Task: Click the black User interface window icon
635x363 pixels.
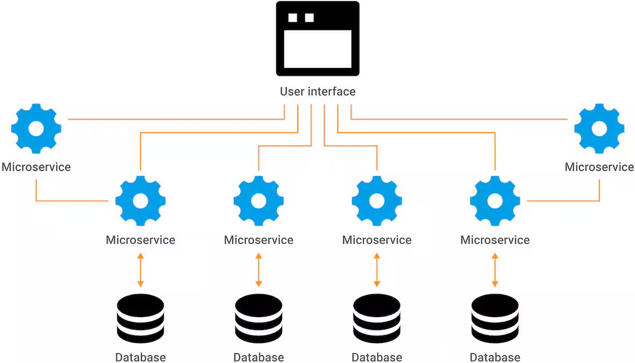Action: [x=317, y=38]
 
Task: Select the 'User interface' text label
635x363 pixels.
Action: [x=317, y=92]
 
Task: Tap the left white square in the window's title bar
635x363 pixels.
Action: [x=292, y=18]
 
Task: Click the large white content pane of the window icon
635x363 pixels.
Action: [x=317, y=49]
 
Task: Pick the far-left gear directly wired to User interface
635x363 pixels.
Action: [x=36, y=129]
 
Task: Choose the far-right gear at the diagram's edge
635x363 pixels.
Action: [x=599, y=129]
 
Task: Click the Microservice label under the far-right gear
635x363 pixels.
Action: [x=599, y=167]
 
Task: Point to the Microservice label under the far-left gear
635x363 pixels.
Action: [x=36, y=167]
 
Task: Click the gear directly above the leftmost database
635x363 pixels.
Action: [x=141, y=201]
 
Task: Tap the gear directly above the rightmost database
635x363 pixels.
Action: [x=495, y=201]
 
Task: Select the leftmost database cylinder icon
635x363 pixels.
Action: [x=141, y=319]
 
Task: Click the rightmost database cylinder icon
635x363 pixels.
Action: [x=495, y=319]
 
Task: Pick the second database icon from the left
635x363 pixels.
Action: [x=259, y=319]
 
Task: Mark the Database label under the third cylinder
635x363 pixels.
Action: [x=376, y=358]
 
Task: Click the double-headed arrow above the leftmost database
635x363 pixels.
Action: [x=141, y=270]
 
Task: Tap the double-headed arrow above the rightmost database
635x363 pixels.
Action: [x=495, y=270]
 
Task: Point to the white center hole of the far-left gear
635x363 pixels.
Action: [x=36, y=129]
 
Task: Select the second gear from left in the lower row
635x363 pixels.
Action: [x=259, y=201]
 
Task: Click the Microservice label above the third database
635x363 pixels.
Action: [x=376, y=240]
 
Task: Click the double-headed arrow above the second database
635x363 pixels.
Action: [x=259, y=270]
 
